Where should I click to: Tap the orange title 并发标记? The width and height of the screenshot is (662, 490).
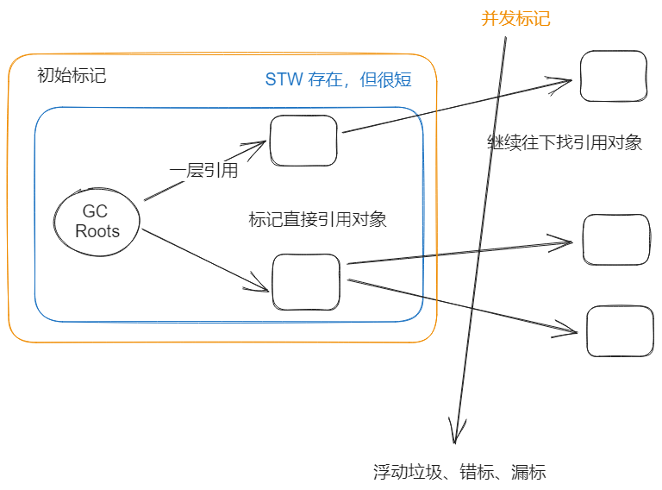(x=515, y=19)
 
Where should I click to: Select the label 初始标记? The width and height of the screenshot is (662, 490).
(x=72, y=76)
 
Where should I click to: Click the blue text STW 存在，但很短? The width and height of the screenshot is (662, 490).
(x=338, y=79)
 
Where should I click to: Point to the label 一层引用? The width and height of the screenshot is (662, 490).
(x=203, y=170)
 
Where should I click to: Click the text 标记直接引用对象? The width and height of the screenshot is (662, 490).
(x=317, y=220)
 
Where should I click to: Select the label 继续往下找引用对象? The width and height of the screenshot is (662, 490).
(x=565, y=142)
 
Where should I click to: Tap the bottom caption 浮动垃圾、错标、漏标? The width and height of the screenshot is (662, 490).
(x=459, y=472)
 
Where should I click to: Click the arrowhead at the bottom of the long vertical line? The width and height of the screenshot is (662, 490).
(x=455, y=443)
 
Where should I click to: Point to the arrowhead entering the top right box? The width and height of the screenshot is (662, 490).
(x=570, y=80)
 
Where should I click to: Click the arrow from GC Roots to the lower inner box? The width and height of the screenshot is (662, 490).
(x=205, y=261)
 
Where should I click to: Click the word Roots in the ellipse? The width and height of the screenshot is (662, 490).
(x=97, y=231)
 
